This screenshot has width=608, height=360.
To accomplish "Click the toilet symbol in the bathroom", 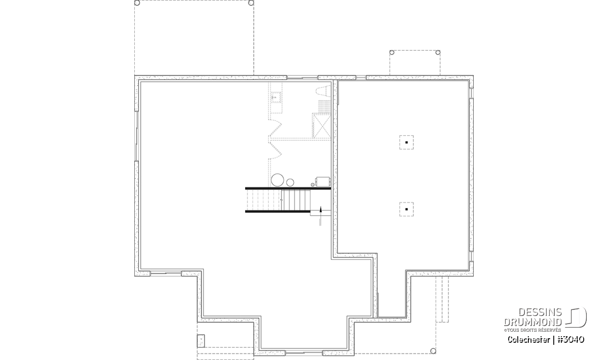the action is [324, 91].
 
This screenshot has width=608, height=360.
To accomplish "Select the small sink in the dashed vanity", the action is [275, 97].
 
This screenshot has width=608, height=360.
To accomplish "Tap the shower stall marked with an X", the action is [322, 126].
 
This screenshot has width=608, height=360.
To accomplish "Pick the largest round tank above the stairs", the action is [278, 180].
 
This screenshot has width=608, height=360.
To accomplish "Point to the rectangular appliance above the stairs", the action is [323, 181].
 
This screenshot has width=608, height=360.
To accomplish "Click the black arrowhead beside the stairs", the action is [321, 209].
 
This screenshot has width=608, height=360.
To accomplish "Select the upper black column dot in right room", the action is [406, 142].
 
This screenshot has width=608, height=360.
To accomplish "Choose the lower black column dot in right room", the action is [406, 209].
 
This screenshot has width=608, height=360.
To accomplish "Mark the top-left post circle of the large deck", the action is [137, 3].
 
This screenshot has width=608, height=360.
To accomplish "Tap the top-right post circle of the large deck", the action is [251, 3].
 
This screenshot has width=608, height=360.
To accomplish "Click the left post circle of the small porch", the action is [392, 52].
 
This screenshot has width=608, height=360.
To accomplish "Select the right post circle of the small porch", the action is [438, 52].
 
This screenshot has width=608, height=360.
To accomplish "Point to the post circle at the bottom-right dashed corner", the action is [433, 351].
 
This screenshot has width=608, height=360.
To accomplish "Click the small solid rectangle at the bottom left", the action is [201, 341].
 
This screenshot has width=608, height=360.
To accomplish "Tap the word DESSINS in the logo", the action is [540, 312].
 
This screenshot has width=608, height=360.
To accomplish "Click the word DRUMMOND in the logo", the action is [533, 322].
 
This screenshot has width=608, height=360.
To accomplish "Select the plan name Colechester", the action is [529, 339].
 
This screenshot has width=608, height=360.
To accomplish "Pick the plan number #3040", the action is [571, 339].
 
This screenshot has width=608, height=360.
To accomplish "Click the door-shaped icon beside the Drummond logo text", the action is [576, 317].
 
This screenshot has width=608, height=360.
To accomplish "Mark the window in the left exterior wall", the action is [136, 136].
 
